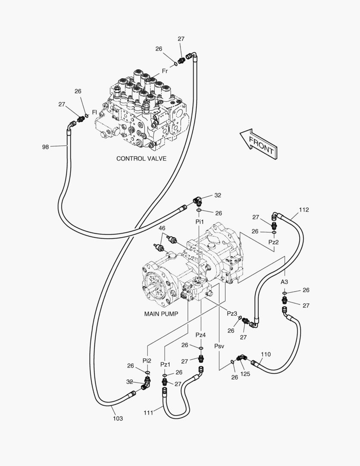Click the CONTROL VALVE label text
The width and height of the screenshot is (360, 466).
(x=141, y=158)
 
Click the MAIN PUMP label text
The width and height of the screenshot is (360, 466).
(x=161, y=314)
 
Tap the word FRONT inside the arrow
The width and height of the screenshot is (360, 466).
(x=261, y=144)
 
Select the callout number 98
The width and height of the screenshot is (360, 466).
(x=45, y=147)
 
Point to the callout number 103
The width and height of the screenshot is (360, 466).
(x=118, y=418)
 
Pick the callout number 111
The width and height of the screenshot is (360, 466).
(x=149, y=412)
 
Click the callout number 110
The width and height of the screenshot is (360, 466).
(x=266, y=354)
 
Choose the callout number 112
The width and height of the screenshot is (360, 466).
(x=304, y=210)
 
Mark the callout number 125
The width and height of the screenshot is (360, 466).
(x=245, y=374)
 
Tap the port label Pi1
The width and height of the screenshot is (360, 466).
(x=199, y=221)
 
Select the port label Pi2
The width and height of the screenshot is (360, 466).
(x=147, y=360)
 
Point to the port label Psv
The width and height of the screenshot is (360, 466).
(x=219, y=346)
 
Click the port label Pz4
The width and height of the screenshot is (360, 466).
(x=200, y=335)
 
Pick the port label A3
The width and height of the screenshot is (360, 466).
(x=285, y=281)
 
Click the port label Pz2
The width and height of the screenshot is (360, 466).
(x=273, y=242)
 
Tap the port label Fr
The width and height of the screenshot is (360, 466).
(x=165, y=70)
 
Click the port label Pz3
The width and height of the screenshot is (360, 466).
(x=232, y=313)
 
